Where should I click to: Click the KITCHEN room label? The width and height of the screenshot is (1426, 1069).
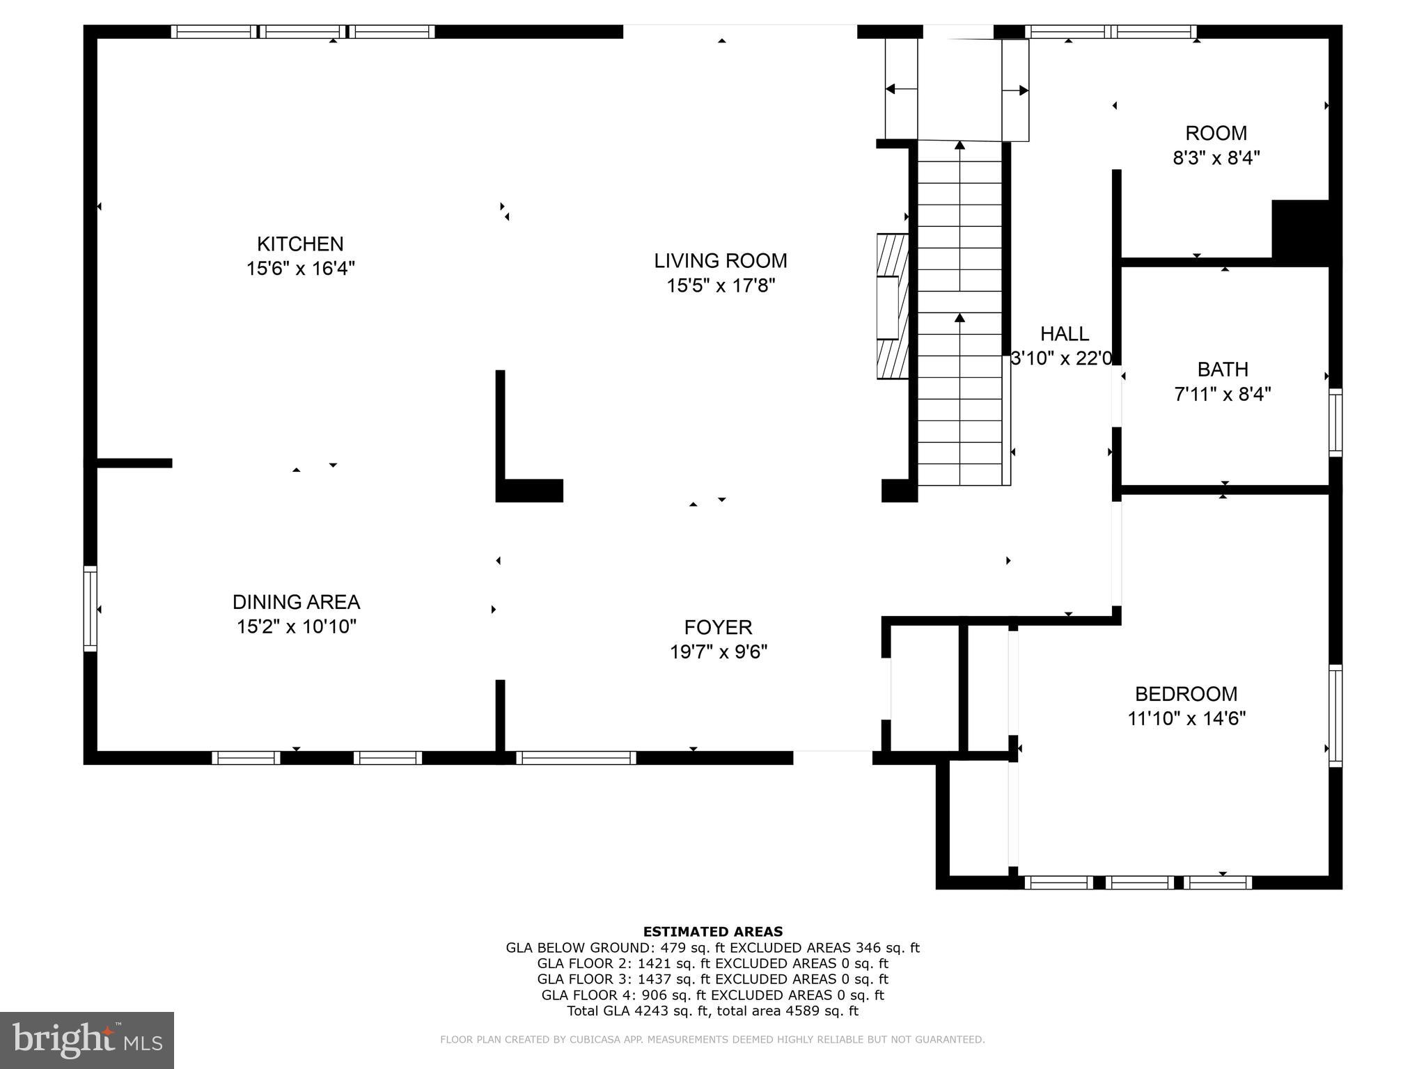pyautogui.click(x=300, y=244)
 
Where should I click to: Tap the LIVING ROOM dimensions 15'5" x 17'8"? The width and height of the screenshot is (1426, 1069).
pyautogui.click(x=721, y=285)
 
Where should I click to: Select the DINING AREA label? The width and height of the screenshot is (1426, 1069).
pyautogui.click(x=296, y=602)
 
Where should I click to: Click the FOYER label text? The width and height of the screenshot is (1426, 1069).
pyautogui.click(x=718, y=627)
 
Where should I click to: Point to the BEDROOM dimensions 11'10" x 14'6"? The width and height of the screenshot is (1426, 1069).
pyautogui.click(x=1186, y=718)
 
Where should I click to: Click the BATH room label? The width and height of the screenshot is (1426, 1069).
pyautogui.click(x=1222, y=369)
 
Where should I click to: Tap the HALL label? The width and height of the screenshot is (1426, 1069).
pyautogui.click(x=1064, y=334)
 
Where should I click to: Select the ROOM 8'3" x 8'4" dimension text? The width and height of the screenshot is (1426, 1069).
pyautogui.click(x=1216, y=158)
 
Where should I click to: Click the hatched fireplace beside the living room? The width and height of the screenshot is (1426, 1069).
pyautogui.click(x=893, y=306)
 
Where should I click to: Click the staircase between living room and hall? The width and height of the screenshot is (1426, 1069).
pyautogui.click(x=960, y=313)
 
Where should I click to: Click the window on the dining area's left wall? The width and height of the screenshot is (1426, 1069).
pyautogui.click(x=91, y=609)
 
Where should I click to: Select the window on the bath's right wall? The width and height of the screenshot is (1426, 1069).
pyautogui.click(x=1335, y=422)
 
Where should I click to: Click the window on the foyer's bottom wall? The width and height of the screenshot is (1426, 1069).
pyautogui.click(x=576, y=758)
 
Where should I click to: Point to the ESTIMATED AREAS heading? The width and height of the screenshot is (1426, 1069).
pyautogui.click(x=712, y=931)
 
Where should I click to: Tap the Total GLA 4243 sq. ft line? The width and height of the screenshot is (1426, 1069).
pyautogui.click(x=712, y=1011)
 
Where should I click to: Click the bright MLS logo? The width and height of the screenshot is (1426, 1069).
pyautogui.click(x=87, y=1040)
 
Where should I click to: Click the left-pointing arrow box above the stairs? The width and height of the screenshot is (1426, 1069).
pyautogui.click(x=901, y=89)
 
